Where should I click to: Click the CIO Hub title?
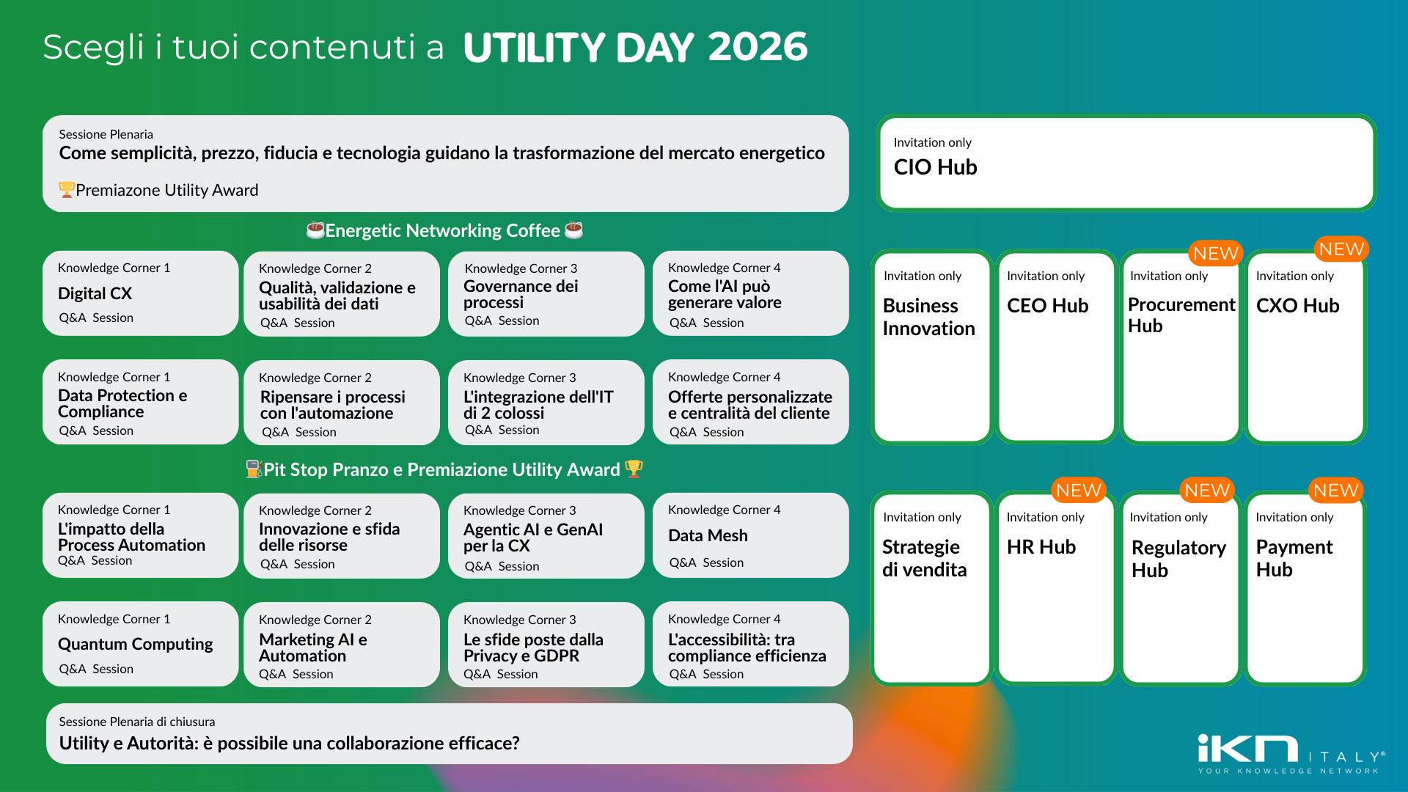click(x=935, y=167)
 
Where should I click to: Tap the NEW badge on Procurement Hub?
click(x=1215, y=254)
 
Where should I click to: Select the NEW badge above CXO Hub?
click(x=1341, y=249)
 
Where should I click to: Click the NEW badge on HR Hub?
click(x=1078, y=491)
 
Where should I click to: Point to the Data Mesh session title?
click(x=708, y=535)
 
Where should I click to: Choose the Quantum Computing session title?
click(x=135, y=644)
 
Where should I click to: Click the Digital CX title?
click(x=95, y=293)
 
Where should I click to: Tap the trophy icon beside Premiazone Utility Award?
click(x=66, y=190)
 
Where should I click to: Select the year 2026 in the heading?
click(x=758, y=47)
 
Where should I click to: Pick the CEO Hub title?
click(x=1047, y=306)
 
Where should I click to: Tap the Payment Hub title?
click(x=1294, y=558)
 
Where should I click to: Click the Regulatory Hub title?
click(x=1178, y=559)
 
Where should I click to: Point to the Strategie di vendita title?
click(x=924, y=558)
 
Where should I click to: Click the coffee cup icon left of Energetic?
click(x=315, y=230)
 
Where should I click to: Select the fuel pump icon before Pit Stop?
click(x=254, y=469)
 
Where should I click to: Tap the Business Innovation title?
click(x=928, y=317)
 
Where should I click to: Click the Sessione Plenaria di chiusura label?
click(x=137, y=722)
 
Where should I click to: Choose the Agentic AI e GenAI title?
click(x=533, y=538)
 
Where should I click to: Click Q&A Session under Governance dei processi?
click(x=502, y=320)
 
